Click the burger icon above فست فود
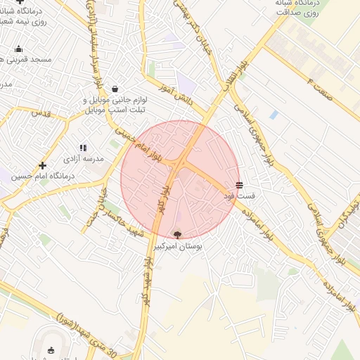pos(240,185)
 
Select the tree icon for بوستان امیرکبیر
pos(176,235)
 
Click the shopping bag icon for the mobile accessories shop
pos(115,89)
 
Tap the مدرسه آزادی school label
pos(84,159)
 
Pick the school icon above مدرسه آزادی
pos(83,148)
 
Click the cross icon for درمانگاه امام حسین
pos(43,165)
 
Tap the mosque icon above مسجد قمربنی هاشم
pos(18,49)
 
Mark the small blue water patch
pos(273,114)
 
